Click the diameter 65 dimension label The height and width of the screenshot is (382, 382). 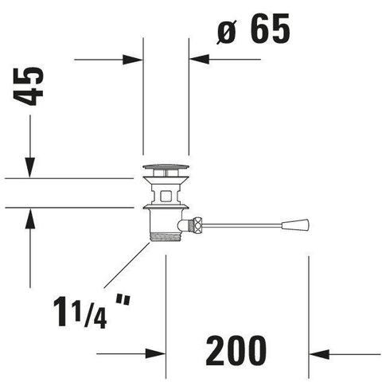(253, 29)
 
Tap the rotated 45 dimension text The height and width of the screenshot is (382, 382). (28, 87)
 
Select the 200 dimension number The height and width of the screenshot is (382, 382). (236, 351)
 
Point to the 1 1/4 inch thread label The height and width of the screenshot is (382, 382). (92, 312)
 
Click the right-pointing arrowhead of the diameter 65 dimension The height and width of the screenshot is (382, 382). (133, 60)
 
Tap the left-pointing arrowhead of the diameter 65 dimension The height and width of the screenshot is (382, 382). (199, 59)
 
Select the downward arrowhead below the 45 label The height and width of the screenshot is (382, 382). (30, 167)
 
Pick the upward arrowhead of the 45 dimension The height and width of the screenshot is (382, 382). (30, 218)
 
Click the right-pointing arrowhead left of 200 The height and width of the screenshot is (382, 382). (155, 353)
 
